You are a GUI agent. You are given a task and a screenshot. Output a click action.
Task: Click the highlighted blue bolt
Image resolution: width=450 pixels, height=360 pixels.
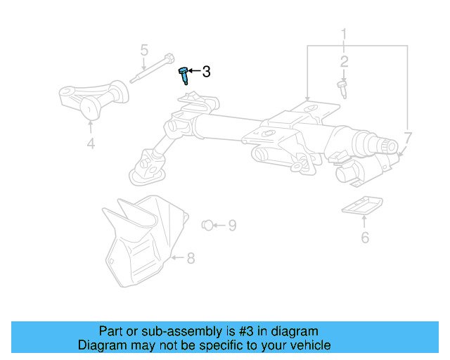tap(184, 75)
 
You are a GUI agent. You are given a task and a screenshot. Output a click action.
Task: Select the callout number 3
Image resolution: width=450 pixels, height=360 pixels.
tap(206, 71)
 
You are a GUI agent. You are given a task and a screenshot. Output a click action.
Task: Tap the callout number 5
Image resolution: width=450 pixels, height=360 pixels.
tap(144, 51)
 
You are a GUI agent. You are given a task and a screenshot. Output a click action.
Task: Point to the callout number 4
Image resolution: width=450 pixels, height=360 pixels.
tap(91, 144)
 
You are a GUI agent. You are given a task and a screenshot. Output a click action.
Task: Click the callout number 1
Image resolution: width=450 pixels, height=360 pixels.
tap(345, 33)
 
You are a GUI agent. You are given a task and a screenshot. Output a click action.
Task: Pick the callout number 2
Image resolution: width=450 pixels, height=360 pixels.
tap(345, 62)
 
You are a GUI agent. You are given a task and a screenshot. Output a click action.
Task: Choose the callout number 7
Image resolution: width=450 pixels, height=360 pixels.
tap(409, 137)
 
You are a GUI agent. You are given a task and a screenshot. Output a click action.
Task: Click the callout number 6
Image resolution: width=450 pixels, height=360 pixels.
tap(365, 237)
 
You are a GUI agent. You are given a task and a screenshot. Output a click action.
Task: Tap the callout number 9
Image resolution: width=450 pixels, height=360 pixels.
tap(231, 225)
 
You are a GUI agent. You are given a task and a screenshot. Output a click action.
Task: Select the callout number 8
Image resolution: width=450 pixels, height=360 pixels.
tap(191, 258)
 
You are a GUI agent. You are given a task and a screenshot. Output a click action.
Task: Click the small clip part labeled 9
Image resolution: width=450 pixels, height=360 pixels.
tap(206, 225)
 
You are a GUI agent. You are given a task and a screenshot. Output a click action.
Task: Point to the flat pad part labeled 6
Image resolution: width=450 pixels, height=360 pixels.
tap(361, 205)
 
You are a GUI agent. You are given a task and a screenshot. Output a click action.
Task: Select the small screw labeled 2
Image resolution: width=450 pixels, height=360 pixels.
tap(342, 86)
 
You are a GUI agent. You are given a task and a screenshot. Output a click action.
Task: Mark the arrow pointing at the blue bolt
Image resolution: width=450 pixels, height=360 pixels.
tap(195, 71)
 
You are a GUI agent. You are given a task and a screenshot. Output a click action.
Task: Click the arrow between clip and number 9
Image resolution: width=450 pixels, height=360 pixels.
tap(219, 225)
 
